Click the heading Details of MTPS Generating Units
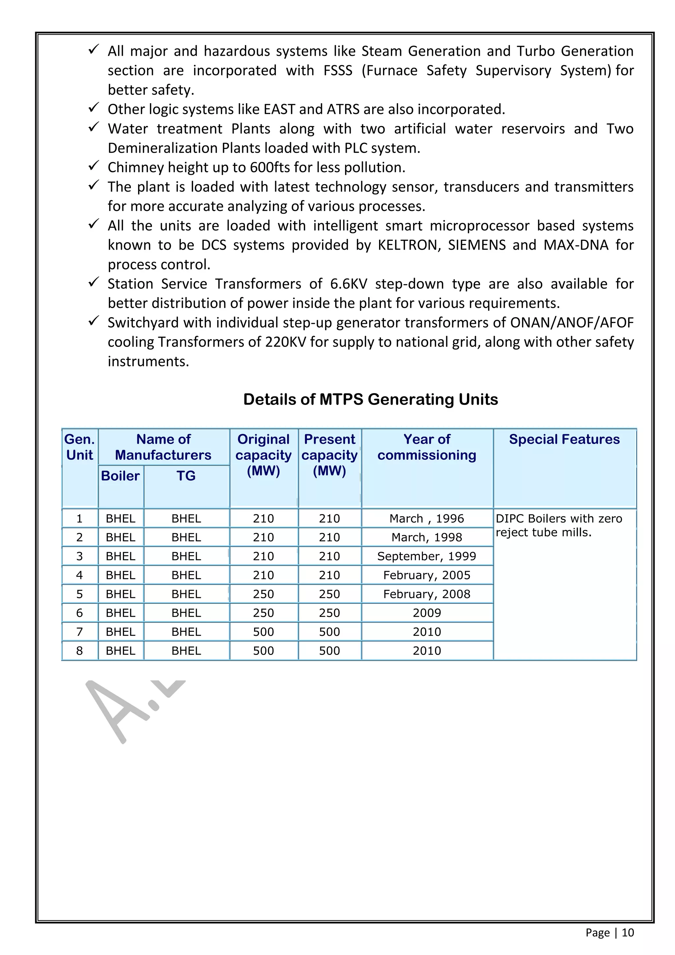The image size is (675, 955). pyautogui.click(x=370, y=399)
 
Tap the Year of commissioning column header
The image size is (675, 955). pyautogui.click(x=427, y=447)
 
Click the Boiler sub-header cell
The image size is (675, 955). pyautogui.click(x=121, y=476)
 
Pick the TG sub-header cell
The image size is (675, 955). pyautogui.click(x=186, y=476)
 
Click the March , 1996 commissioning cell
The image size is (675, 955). pyautogui.click(x=426, y=519)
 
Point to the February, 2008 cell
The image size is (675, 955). pyautogui.click(x=426, y=594)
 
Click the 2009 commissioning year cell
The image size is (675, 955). pyautogui.click(x=426, y=613)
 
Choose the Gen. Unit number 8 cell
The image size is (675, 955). pyautogui.click(x=79, y=651)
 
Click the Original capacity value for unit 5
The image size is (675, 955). pyautogui.click(x=264, y=594)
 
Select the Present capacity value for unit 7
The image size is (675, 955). pyautogui.click(x=329, y=632)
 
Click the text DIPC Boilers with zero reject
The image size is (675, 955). pyautogui.click(x=559, y=525)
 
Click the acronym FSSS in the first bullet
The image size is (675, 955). pyautogui.click(x=337, y=71)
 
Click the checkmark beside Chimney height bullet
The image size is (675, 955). pyautogui.click(x=94, y=166)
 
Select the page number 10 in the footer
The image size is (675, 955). pyautogui.click(x=628, y=933)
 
